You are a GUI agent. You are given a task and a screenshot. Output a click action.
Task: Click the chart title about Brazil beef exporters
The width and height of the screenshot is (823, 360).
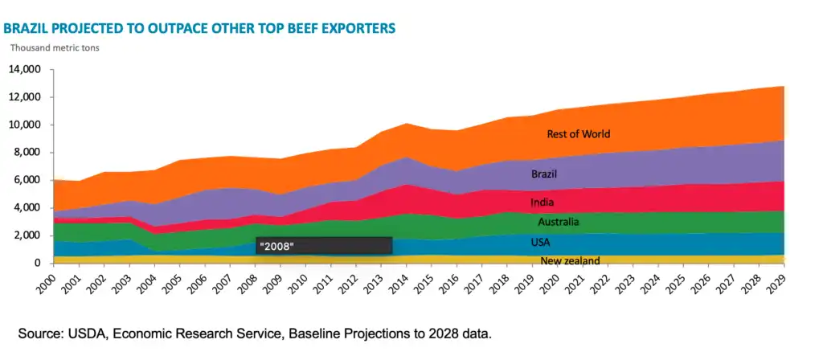pyautogui.click(x=199, y=28)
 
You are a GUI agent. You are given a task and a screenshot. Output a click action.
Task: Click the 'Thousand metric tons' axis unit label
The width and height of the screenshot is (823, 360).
pyautogui.click(x=54, y=46)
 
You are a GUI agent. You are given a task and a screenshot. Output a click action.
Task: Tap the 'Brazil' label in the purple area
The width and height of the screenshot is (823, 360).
pyautogui.click(x=543, y=174)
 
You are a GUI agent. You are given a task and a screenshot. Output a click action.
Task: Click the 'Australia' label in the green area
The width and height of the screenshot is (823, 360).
pyautogui.click(x=559, y=222)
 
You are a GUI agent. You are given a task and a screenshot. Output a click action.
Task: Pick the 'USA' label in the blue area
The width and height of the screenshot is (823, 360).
pyautogui.click(x=540, y=242)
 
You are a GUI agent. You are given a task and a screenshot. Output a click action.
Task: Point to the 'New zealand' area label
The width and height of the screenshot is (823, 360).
pyautogui.click(x=570, y=260)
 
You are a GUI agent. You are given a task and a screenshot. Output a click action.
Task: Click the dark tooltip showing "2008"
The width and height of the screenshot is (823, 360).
pyautogui.click(x=324, y=246)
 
